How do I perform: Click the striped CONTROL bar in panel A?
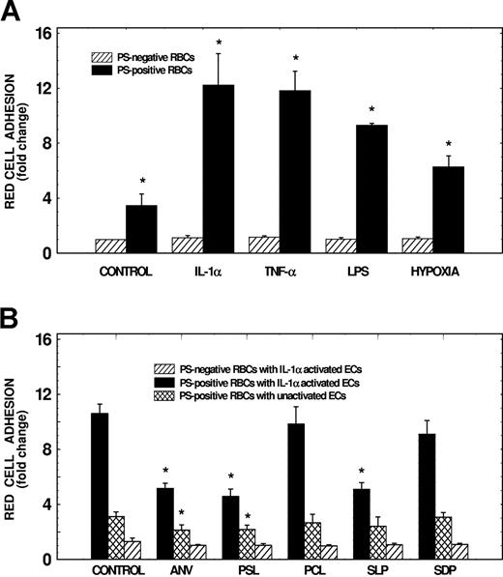111,246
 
